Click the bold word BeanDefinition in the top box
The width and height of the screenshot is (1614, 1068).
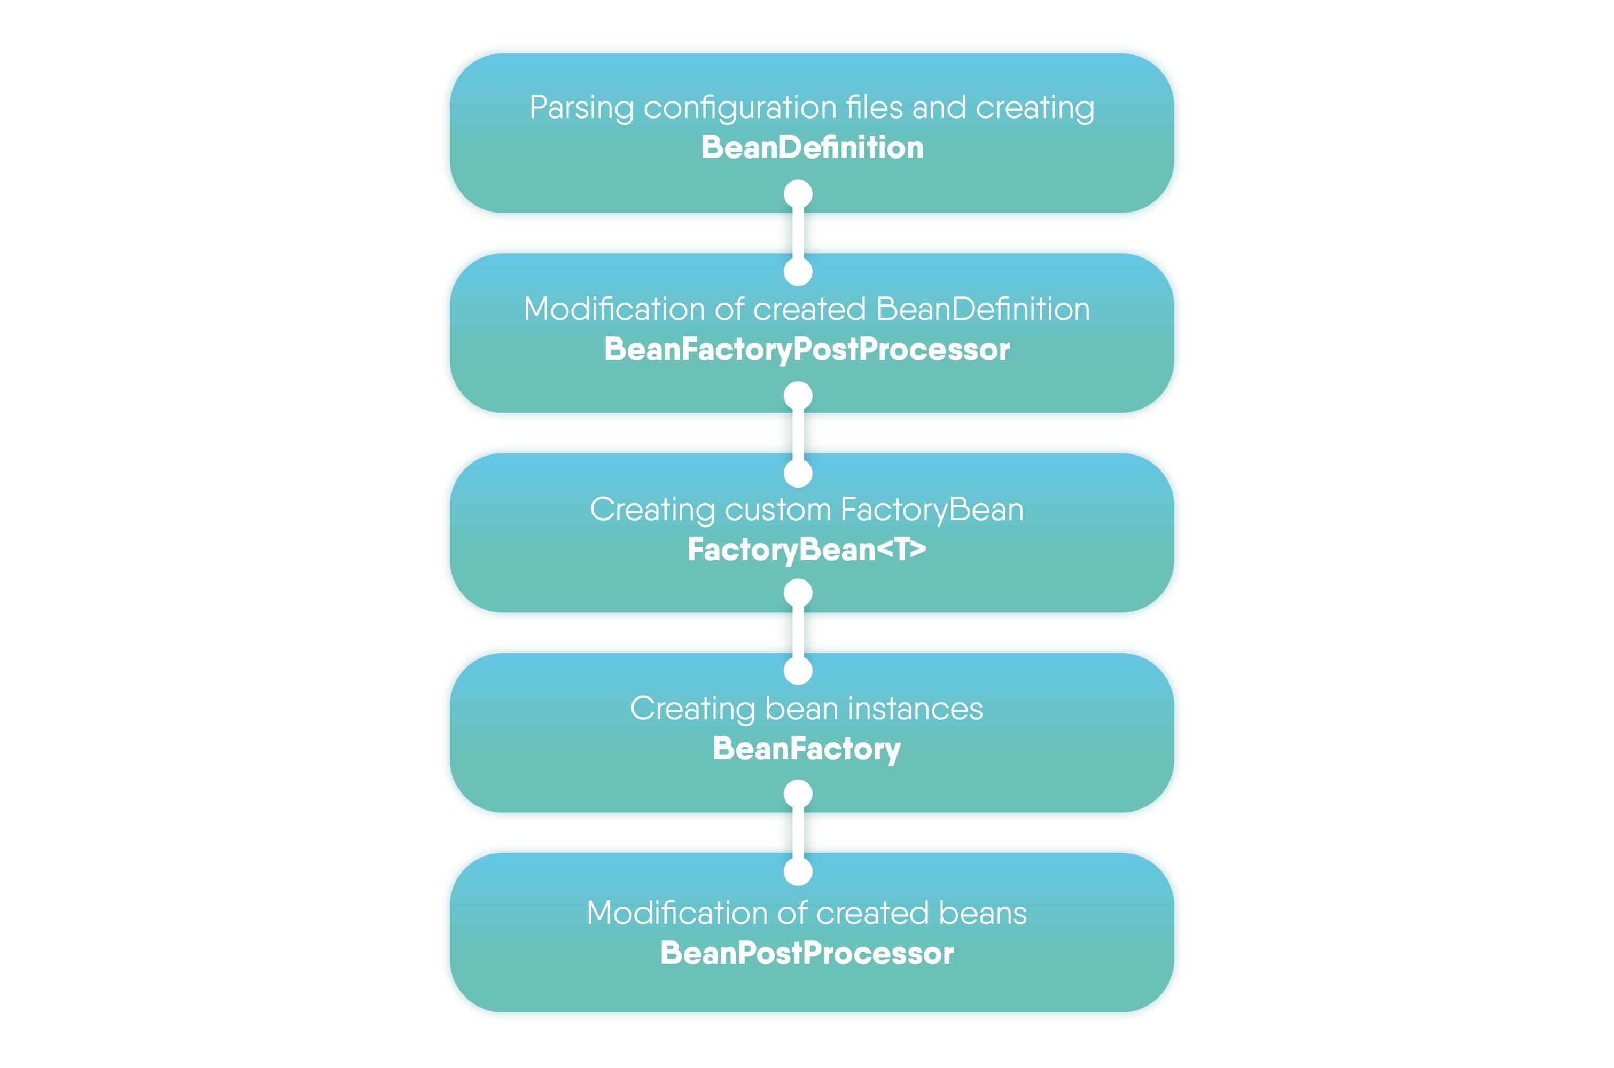coord(812,148)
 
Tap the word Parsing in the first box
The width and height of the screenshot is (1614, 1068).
coord(581,108)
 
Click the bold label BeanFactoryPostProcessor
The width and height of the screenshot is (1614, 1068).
coord(806,349)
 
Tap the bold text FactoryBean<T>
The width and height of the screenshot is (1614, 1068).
coord(806,549)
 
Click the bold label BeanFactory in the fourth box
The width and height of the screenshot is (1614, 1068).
coord(806,749)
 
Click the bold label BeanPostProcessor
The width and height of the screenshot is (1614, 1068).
coord(806,953)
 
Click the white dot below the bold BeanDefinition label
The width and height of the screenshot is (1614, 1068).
coord(798,194)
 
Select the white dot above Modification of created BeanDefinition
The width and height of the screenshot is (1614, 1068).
coord(798,271)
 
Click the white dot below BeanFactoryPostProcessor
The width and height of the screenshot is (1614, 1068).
coord(798,396)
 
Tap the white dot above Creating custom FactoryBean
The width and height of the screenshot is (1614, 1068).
coord(798,473)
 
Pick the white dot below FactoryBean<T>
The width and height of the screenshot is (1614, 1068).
coord(798,593)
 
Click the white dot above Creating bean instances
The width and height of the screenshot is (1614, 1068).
coord(798,670)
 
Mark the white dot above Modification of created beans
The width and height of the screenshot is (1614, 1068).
coord(798,871)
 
